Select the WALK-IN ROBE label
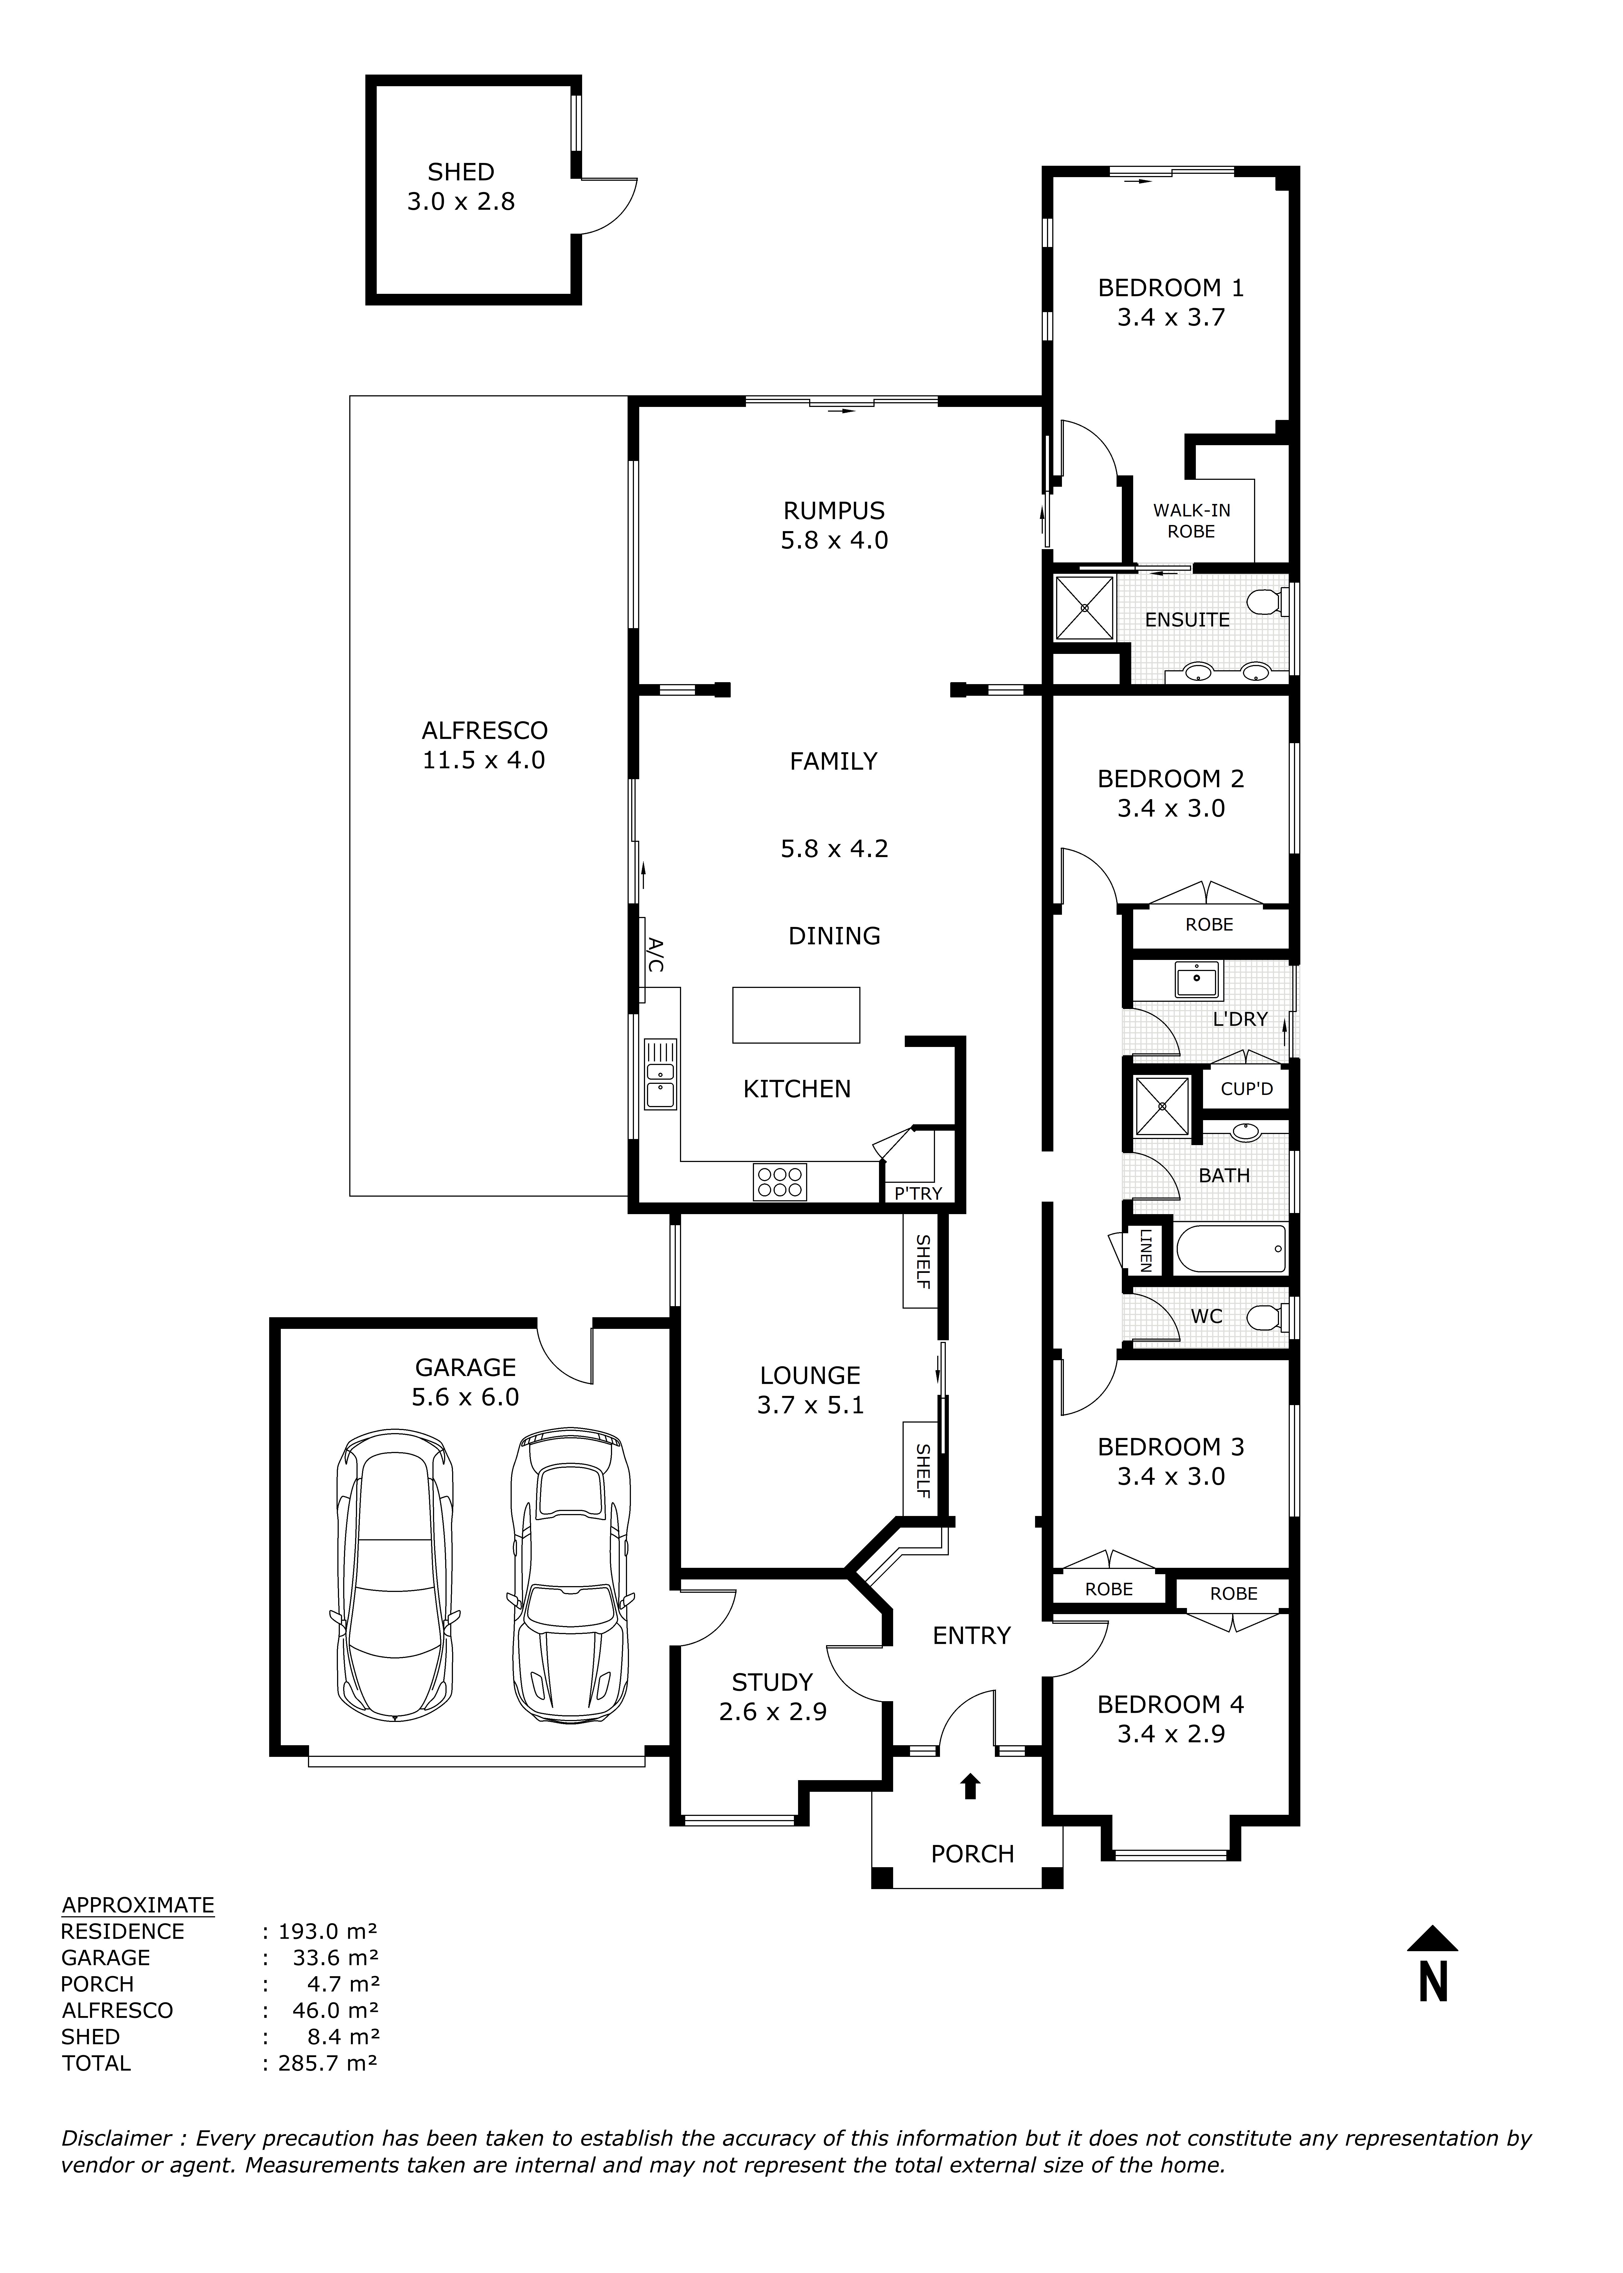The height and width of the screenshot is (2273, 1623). (1191, 521)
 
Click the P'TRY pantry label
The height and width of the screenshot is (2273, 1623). (918, 1193)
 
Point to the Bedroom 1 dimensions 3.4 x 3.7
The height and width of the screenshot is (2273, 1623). (1170, 318)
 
